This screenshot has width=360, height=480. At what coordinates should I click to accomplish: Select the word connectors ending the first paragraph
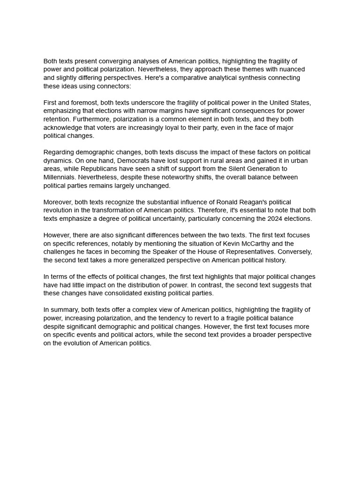tap(114, 86)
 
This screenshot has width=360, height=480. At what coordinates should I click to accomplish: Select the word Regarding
tap(59, 152)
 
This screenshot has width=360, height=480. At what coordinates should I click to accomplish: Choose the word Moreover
tap(57, 202)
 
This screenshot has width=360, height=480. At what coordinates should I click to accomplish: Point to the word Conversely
tap(293, 252)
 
